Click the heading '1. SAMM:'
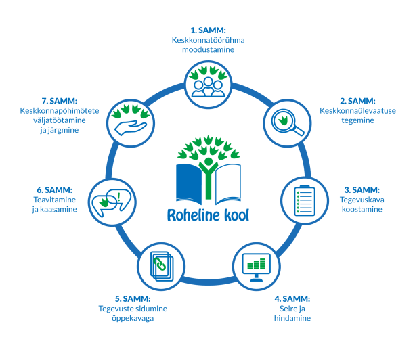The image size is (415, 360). coord(207,30)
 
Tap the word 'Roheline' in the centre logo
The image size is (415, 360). coord(192,215)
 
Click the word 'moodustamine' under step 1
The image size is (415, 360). coord(207,50)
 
